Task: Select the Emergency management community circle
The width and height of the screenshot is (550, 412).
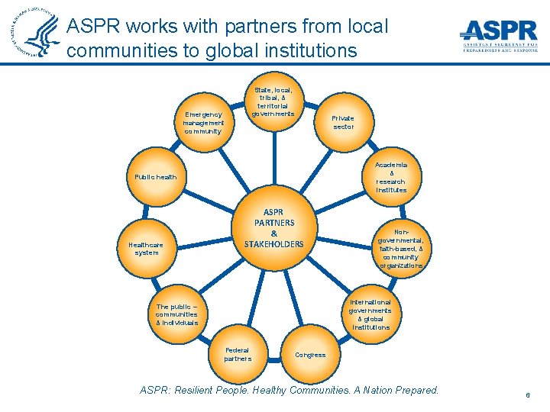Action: pos(203,122)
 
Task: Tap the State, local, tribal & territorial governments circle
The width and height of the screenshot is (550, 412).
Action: pos(273,101)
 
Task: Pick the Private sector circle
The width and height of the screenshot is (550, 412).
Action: pos(343,122)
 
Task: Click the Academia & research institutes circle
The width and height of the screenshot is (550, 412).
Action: pos(391,177)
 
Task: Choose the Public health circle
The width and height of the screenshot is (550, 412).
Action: pos(155,177)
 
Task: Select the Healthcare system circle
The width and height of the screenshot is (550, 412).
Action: pos(146,248)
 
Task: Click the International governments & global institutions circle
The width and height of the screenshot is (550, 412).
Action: pos(370,314)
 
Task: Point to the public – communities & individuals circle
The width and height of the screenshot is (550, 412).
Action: pos(176,314)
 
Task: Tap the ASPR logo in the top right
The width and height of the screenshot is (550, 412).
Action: pos(499,34)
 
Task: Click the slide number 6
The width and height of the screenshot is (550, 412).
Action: pos(527,395)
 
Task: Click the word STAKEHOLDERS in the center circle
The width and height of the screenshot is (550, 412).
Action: pos(273,244)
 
